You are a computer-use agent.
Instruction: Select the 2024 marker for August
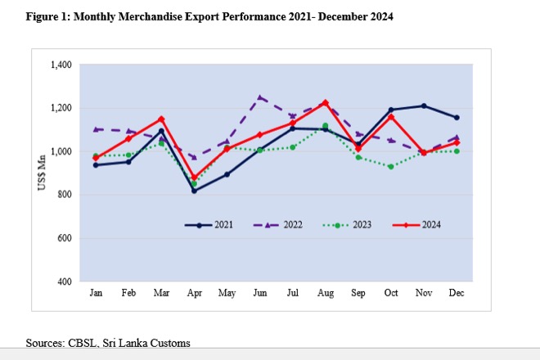tap(326, 102)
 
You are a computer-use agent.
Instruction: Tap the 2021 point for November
tap(423, 106)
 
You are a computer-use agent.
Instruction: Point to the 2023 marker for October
tap(391, 166)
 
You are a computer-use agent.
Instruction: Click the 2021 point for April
tap(194, 190)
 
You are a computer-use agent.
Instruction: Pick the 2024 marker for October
tap(391, 116)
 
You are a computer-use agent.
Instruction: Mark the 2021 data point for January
tap(96, 164)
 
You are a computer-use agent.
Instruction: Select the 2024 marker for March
tap(161, 119)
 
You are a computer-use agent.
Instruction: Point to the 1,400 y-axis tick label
tap(61, 65)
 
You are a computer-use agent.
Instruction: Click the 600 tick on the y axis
tap(65, 238)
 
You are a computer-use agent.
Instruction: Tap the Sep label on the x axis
tap(358, 293)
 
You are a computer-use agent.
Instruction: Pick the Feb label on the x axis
tap(128, 293)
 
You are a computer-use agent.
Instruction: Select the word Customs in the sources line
tap(173, 342)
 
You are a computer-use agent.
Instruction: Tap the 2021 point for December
tap(457, 117)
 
